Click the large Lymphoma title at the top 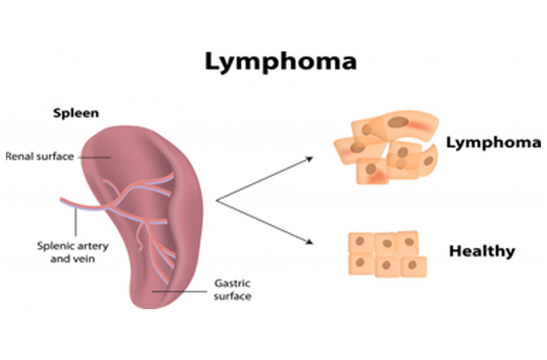281,62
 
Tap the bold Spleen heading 76,113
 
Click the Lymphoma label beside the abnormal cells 493,143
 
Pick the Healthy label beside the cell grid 482,251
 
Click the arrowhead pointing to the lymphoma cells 309,158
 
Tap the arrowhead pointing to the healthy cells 309,242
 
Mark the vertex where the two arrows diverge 217,201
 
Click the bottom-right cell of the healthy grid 414,266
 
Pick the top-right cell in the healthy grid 408,242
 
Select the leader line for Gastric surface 180,292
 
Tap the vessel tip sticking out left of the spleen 62,200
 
